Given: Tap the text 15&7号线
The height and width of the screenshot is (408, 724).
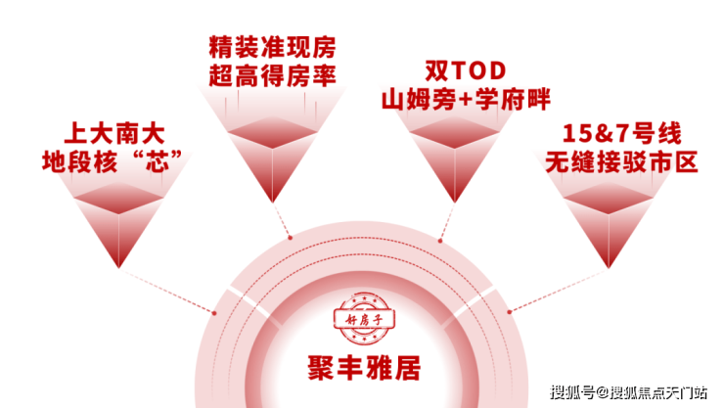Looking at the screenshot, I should pos(621,134).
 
